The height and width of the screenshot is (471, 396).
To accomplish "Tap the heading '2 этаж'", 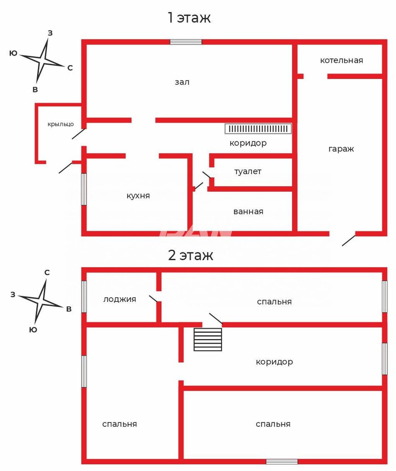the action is [190, 255].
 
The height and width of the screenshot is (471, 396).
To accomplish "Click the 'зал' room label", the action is [182, 82].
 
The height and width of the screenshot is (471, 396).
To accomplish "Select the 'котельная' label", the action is [341, 60].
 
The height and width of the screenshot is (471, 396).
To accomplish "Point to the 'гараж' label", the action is [341, 149].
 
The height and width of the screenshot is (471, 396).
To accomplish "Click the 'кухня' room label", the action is [138, 195].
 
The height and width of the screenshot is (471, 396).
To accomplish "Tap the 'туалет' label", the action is [248, 172].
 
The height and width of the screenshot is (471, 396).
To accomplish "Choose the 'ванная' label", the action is [248, 212].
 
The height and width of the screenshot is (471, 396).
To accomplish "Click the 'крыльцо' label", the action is [61, 124].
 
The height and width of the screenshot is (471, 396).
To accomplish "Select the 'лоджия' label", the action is [119, 299].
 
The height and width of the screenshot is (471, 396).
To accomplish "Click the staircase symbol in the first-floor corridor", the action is [258, 129].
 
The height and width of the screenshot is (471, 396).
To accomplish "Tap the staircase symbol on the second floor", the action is [208, 339].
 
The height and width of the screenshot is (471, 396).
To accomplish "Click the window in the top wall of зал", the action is [186, 42].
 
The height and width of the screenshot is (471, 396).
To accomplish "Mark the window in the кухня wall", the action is [84, 189].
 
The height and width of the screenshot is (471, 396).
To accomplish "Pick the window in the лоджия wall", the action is [84, 296].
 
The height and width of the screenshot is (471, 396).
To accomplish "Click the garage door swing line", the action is [349, 240].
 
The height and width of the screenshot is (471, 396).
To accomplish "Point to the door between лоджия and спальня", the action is [154, 299].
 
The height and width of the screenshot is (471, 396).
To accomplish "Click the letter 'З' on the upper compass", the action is [50, 33].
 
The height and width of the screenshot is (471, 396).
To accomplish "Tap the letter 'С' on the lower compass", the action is [47, 272].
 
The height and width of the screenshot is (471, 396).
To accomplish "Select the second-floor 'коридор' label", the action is [274, 362].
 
